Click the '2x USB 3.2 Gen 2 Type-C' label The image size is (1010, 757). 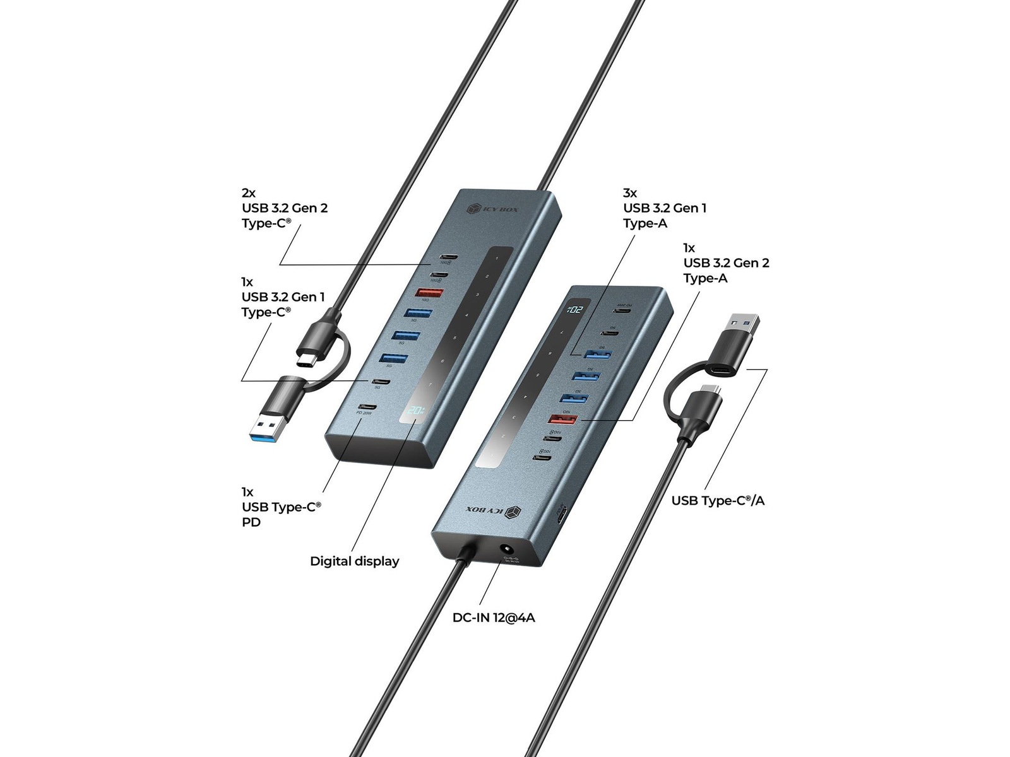tap(284, 208)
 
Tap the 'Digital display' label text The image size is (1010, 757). tap(354, 561)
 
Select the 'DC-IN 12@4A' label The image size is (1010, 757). tap(494, 618)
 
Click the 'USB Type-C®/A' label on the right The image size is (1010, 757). tap(718, 501)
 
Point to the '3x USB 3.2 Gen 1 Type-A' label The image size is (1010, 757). tap(664, 208)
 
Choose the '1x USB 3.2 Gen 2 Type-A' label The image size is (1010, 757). tap(726, 263)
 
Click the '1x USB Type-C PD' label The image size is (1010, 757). tap(281, 507)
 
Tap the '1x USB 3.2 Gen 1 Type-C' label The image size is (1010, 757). tap(283, 297)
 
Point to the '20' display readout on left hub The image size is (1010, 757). tap(416, 411)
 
